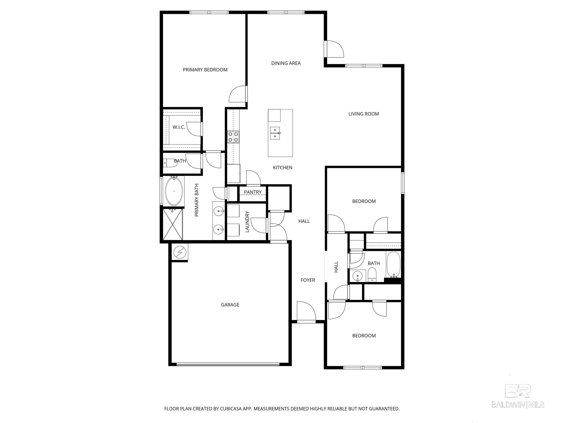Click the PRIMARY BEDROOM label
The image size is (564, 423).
tap(205, 70)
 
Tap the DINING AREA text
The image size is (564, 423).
tap(286, 63)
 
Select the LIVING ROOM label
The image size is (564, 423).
tap(364, 114)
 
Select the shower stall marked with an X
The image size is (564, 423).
tap(173, 224)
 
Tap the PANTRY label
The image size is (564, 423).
tap(252, 192)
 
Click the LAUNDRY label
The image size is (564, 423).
tap(247, 222)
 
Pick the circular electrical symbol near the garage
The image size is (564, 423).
tap(180, 252)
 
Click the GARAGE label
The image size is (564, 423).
tap(230, 305)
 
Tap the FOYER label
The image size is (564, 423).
tap(308, 280)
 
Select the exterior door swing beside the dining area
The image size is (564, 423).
tap(335, 49)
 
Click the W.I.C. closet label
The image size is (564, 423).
tap(179, 127)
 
